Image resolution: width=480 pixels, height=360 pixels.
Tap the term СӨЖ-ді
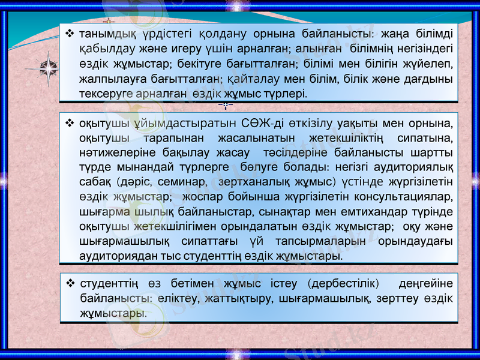coord(254,124)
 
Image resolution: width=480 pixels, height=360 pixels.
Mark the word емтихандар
coord(361,212)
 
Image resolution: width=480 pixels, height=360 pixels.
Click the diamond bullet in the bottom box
coord(71,283)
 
